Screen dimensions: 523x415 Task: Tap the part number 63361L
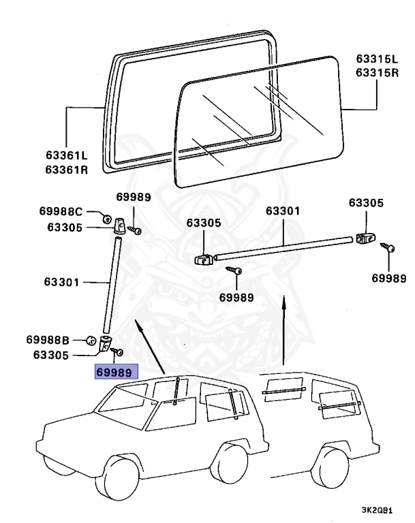click(x=67, y=157)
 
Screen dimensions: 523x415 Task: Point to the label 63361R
click(x=67, y=170)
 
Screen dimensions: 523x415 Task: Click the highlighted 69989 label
click(x=117, y=372)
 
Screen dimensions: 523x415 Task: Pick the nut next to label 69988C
click(x=107, y=219)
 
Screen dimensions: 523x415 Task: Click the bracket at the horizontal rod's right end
click(x=365, y=238)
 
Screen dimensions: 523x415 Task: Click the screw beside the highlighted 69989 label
click(x=119, y=353)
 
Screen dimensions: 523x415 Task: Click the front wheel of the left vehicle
click(x=119, y=477)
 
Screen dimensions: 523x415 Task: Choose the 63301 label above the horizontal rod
click(x=282, y=211)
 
